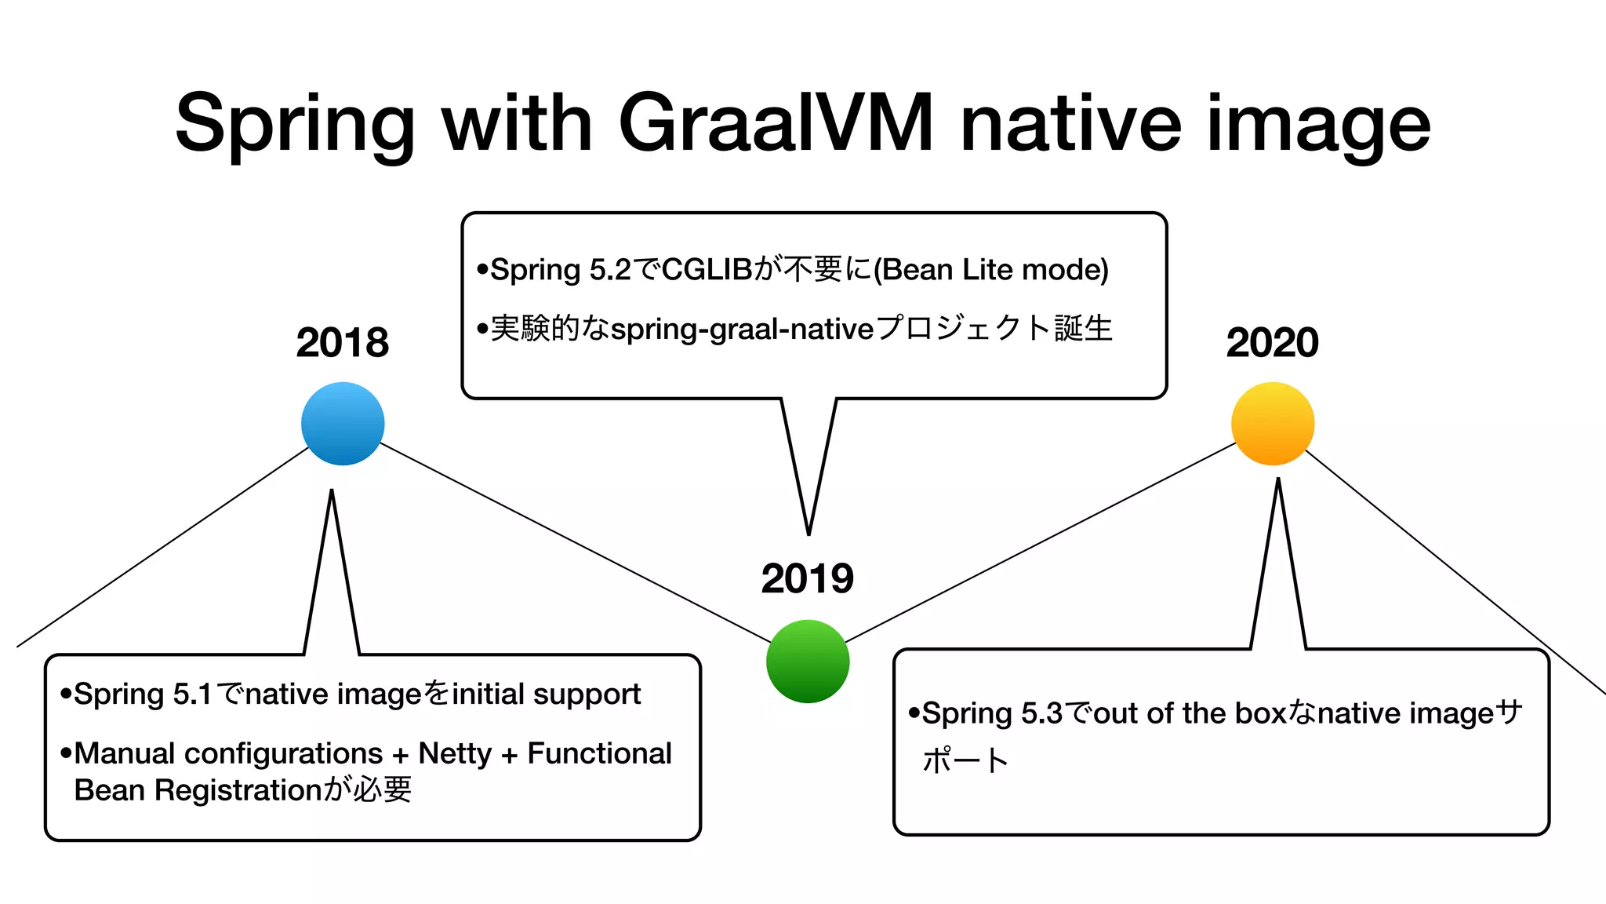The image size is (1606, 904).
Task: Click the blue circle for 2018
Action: tap(343, 424)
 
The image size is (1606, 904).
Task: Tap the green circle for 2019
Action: tap(808, 661)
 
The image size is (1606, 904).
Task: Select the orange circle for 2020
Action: tap(1272, 424)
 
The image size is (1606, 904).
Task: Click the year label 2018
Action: tap(343, 343)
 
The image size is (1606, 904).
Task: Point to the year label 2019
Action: tap(808, 579)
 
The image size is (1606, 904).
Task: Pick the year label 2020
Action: tap(1272, 343)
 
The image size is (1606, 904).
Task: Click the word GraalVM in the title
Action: tap(776, 123)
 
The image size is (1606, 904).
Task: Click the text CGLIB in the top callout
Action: tap(707, 270)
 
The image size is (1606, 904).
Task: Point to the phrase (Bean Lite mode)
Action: tap(990, 270)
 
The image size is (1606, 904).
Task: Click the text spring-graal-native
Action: tap(742, 329)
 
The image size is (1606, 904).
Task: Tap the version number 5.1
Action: tap(193, 694)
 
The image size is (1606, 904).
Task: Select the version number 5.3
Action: tap(1042, 713)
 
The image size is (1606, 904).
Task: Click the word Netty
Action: tap(455, 753)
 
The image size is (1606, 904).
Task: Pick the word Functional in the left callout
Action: tap(599, 753)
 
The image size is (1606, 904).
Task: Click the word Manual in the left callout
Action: tap(125, 753)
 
